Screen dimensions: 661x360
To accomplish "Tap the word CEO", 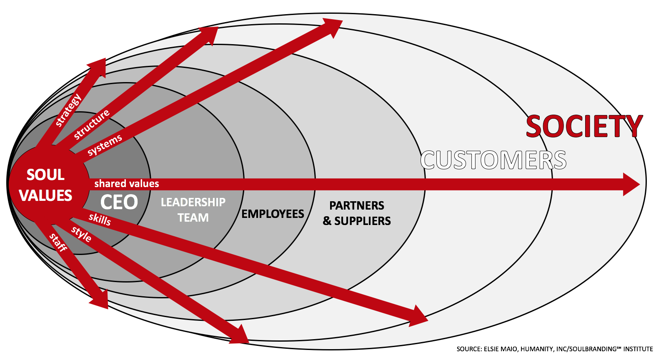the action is coord(119,202).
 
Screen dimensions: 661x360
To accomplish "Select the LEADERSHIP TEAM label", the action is coord(193,210).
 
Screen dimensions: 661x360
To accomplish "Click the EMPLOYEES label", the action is coord(273,214).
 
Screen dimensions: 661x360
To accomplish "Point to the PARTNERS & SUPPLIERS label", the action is coord(357,213).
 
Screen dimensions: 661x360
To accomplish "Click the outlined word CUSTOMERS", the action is coord(493,160).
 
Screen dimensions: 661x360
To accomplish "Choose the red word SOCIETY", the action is coord(584,126).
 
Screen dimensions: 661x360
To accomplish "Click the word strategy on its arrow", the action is coord(68,110).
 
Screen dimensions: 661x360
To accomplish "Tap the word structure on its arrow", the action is coord(92,124).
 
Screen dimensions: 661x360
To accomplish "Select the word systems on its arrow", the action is coord(105,144).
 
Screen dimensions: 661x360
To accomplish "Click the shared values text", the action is coord(127,184).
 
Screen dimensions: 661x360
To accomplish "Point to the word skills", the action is coord(100,219).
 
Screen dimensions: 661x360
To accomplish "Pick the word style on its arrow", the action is coord(81,235).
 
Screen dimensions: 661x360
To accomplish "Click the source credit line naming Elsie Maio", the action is coord(554,349).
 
